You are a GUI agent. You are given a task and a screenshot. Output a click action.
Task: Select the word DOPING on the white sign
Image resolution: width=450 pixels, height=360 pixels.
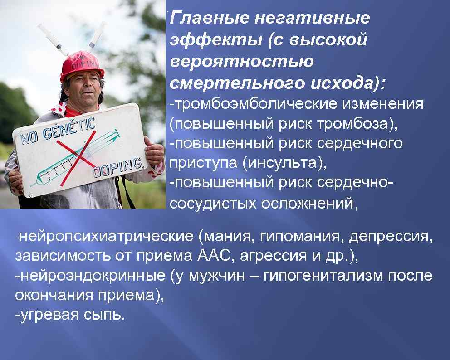pyautogui.click(x=119, y=167)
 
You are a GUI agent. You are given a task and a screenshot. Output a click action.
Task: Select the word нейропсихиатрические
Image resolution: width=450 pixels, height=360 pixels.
pyautogui.click(x=107, y=236)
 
